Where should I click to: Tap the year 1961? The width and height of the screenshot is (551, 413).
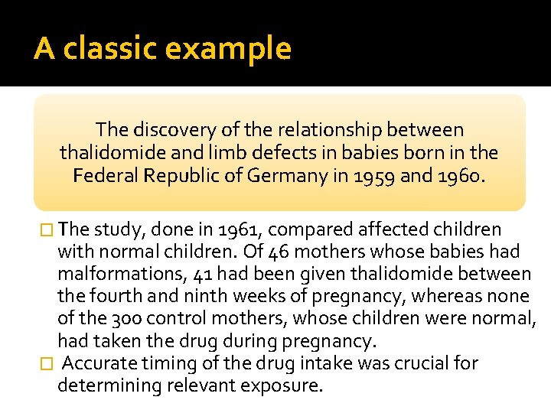pos(242,229)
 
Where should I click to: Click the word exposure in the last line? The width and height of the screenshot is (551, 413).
pos(282,385)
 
